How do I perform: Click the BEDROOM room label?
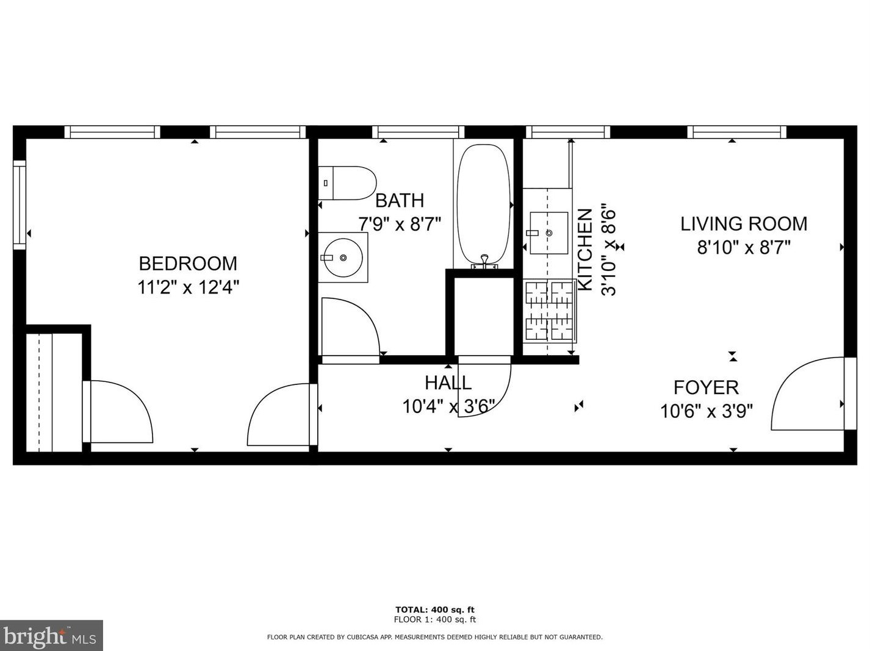click(188, 264)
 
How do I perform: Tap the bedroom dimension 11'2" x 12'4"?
click(188, 287)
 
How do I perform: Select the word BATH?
click(400, 200)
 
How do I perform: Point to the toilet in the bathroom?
click(347, 183)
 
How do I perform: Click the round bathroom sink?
click(343, 257)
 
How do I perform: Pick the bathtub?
click(483, 204)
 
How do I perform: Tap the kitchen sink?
click(548, 232)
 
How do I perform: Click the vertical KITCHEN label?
click(584, 250)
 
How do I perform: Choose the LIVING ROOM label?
click(744, 224)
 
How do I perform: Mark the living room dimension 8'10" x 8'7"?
click(744, 248)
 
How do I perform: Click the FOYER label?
click(706, 387)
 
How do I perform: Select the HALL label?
click(448, 383)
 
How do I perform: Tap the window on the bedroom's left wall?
click(20, 204)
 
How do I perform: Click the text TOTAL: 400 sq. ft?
click(434, 610)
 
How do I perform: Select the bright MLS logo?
click(51, 636)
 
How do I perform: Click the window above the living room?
click(736, 132)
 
